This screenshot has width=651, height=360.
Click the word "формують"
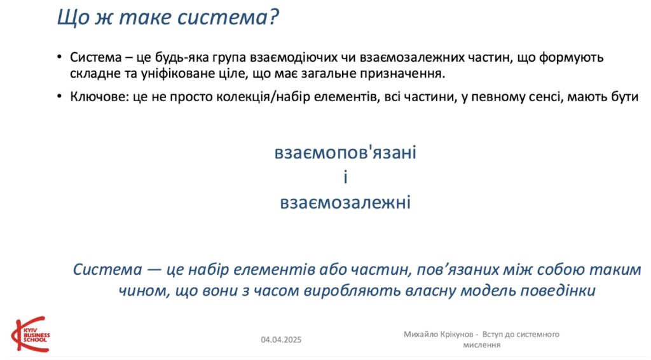(x=572, y=58)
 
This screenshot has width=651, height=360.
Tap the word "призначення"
(x=402, y=74)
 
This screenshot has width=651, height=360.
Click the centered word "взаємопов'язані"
(x=345, y=153)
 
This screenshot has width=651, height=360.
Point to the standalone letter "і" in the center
(x=345, y=177)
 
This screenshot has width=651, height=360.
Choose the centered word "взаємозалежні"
(x=345, y=202)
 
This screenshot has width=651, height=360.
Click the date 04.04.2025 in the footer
(x=281, y=340)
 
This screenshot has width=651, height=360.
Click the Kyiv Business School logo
(x=31, y=335)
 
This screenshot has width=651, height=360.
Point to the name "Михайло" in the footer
(x=420, y=335)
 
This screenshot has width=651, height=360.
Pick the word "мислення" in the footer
(x=482, y=345)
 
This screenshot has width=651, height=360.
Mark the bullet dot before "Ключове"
(x=60, y=97)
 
